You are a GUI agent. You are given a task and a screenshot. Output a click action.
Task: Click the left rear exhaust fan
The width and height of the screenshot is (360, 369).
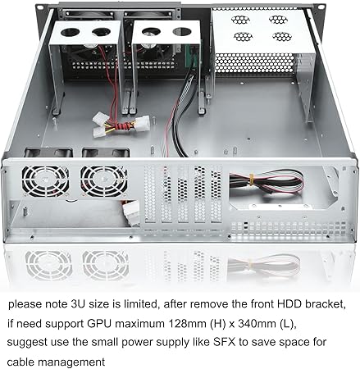[45, 181]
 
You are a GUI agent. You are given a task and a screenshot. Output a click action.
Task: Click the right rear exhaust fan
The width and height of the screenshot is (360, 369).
[104, 181]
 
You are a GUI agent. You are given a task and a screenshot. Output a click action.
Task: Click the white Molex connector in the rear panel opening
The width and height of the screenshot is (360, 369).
[131, 212]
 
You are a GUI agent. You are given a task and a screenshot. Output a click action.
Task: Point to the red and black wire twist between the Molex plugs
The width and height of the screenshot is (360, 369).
[121, 126]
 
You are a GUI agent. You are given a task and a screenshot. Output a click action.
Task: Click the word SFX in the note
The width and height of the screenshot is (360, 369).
[224, 342]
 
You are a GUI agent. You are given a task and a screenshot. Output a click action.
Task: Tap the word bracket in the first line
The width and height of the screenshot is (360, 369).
[324, 303]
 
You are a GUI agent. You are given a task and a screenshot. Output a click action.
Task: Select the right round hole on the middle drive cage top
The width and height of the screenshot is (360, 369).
[182, 31]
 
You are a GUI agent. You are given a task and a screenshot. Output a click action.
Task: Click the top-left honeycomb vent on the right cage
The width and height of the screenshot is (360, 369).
[240, 20]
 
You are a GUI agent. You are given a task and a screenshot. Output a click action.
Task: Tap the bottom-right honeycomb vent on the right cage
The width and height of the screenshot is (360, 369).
[282, 36]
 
